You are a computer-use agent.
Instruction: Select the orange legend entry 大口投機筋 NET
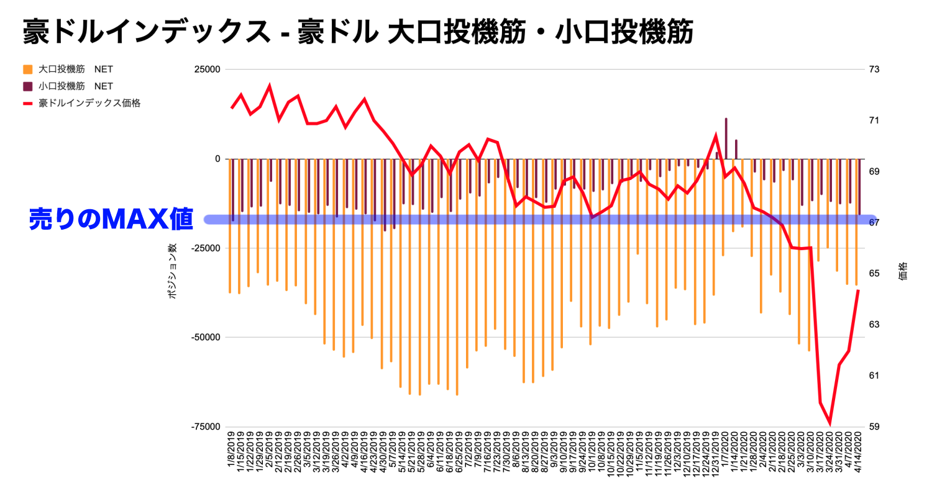[75, 70]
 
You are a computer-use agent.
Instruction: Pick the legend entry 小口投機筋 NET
[75, 86]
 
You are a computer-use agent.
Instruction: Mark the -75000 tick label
[206, 427]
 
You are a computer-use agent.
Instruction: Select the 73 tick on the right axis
[874, 70]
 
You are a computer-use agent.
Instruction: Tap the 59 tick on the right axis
[874, 427]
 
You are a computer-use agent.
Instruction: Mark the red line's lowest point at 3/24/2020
[830, 424]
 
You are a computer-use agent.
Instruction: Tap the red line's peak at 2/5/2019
[269, 86]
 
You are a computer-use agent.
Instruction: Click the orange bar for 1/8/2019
[230, 227]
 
